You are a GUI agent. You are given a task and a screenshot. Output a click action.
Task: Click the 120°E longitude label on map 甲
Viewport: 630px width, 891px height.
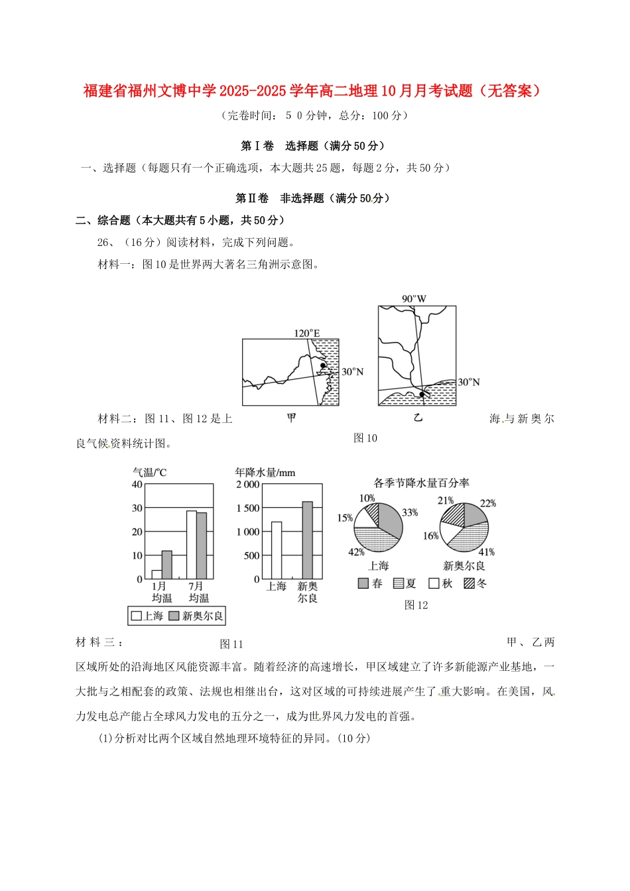click(307, 333)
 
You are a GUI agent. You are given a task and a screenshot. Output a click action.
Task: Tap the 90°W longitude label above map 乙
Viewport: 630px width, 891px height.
click(414, 298)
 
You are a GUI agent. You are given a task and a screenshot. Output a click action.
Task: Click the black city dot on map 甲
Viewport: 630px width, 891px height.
click(323, 365)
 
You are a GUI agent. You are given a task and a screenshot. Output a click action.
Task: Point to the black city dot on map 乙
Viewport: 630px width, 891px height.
click(422, 395)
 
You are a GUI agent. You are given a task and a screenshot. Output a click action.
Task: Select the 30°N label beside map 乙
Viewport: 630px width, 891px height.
click(468, 383)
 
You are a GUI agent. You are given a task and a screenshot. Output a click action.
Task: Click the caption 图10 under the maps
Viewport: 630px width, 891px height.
click(365, 438)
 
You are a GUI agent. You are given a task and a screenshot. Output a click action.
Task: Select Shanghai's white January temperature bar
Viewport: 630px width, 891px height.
click(157, 574)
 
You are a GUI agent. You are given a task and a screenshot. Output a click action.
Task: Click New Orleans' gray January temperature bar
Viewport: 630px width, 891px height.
click(166, 565)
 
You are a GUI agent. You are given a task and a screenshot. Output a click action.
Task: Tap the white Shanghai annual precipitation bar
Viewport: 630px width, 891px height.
click(277, 550)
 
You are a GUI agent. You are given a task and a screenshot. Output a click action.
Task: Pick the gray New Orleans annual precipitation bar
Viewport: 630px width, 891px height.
click(307, 540)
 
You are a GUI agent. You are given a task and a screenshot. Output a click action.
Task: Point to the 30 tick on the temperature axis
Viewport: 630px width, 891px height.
click(137, 508)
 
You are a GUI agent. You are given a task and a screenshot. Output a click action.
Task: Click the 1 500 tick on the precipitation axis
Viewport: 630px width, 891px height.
click(248, 508)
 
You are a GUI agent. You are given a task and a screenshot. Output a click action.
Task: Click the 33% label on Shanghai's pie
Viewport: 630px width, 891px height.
click(410, 512)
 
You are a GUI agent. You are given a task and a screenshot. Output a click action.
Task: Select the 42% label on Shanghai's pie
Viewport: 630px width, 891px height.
click(356, 552)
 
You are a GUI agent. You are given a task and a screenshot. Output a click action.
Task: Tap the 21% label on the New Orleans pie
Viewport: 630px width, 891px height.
click(446, 501)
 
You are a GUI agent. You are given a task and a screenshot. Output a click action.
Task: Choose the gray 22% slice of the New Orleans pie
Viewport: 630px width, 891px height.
click(475, 514)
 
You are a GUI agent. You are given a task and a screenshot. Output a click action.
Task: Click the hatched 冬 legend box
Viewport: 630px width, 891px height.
click(470, 583)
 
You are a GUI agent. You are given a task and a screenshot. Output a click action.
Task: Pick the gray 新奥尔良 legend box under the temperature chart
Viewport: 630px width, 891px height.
click(174, 616)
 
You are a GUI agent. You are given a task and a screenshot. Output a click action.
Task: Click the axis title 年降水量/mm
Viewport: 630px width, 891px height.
click(265, 473)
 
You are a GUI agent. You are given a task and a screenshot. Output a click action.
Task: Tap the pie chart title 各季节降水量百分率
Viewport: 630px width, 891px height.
click(421, 483)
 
